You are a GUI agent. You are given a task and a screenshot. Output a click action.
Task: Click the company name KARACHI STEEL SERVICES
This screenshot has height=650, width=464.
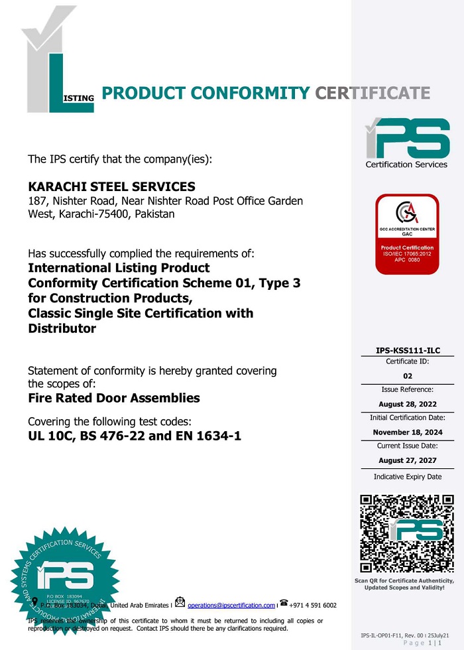point(111,187)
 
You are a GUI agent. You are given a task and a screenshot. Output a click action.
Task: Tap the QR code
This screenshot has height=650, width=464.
point(407,533)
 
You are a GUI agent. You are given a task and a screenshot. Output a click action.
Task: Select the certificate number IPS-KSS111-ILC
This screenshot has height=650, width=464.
point(407,350)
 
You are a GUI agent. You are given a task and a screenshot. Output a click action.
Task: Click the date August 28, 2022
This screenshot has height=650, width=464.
point(407,404)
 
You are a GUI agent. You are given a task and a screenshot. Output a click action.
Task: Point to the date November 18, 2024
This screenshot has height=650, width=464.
point(407,432)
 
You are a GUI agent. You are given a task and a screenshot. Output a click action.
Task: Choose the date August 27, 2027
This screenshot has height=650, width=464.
point(407,460)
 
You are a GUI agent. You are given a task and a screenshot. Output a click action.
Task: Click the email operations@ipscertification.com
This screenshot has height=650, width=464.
point(231,606)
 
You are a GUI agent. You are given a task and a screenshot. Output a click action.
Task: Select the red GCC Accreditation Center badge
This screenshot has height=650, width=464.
point(407,234)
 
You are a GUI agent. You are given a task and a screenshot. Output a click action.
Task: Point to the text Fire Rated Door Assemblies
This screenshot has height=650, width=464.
point(114,399)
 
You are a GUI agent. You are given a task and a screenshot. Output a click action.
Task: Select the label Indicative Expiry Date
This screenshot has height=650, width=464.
point(407,477)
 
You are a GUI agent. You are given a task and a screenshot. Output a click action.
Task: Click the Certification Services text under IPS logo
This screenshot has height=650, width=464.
point(406,164)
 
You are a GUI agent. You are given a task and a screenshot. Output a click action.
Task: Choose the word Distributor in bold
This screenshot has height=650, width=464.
point(62,328)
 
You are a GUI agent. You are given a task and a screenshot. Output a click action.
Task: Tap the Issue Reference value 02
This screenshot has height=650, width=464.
point(407,376)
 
